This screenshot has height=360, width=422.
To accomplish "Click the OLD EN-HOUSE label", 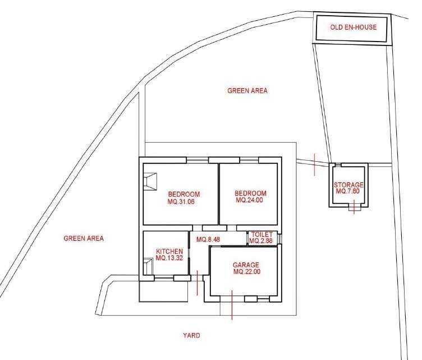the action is click(x=353, y=27).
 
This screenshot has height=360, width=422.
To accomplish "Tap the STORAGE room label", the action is click(x=348, y=185).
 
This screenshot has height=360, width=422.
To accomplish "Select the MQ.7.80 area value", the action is click(x=348, y=191).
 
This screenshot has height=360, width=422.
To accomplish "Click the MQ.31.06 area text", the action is click(x=181, y=202).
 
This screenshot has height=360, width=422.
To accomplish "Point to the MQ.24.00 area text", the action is click(x=249, y=200).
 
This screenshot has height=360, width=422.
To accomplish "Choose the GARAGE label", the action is click(x=246, y=265).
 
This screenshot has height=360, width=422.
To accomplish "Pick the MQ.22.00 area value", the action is click(x=247, y=272).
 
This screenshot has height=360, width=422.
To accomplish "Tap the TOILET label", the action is click(x=262, y=235).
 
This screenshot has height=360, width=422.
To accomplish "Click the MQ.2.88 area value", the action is click(x=261, y=241).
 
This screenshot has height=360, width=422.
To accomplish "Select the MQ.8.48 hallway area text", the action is click(x=209, y=239).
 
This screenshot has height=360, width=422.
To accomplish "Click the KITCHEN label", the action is click(x=169, y=252).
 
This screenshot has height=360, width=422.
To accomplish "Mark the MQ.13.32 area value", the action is click(x=169, y=258).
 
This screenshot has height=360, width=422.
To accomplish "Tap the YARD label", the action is click(x=191, y=335).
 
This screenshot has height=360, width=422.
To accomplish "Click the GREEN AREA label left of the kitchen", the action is click(x=84, y=238).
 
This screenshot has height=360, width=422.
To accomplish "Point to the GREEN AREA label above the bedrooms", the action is click(x=247, y=91).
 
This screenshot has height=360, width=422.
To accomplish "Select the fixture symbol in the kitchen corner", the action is click(x=148, y=267).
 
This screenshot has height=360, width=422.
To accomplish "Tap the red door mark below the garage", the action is click(x=232, y=305).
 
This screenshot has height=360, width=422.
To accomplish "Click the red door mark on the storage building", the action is click(x=354, y=207).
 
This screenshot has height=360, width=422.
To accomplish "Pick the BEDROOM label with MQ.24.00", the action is click(x=250, y=193).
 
